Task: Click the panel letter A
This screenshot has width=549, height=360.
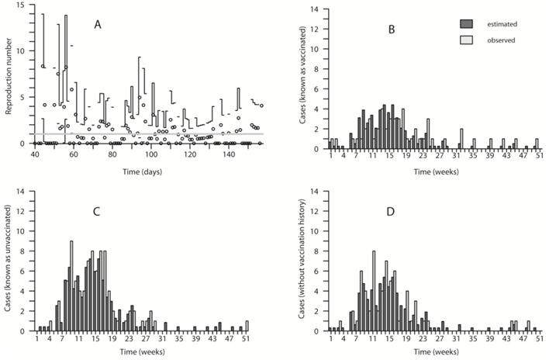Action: [98, 25]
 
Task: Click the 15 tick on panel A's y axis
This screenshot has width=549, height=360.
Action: [22, 5]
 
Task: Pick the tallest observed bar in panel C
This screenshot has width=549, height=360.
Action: [71, 286]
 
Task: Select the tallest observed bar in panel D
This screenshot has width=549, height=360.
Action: [374, 290]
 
